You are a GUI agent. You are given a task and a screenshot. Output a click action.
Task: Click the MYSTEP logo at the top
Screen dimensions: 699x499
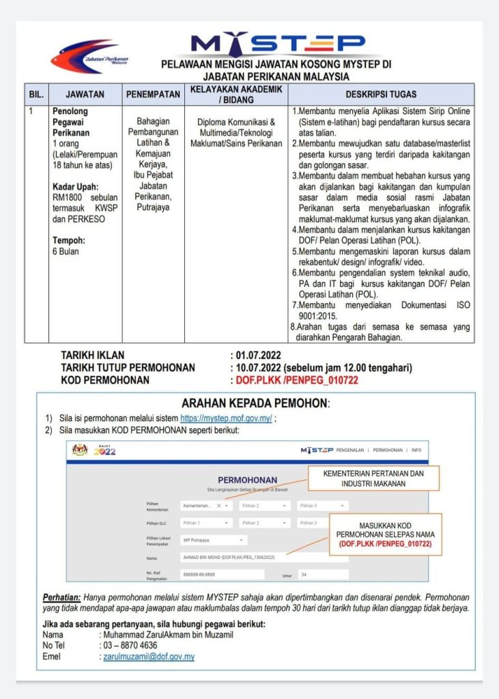[278, 44]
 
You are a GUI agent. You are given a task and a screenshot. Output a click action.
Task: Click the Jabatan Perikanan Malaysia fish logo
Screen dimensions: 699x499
[89, 56]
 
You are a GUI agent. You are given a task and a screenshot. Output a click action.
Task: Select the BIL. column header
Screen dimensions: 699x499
[35, 94]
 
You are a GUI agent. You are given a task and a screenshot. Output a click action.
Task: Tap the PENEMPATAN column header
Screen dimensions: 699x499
[154, 94]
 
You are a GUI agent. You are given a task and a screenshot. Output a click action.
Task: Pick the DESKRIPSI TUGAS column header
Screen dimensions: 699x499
[381, 94]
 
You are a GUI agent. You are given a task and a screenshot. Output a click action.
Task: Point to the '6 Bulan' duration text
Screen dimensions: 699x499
[66, 251]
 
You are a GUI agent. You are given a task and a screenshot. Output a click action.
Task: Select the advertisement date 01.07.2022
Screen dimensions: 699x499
[258, 356]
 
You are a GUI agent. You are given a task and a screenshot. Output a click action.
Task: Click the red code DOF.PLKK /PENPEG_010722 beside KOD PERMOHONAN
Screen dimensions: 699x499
[297, 380]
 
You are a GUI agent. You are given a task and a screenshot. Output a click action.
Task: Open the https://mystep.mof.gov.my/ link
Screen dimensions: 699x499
[226, 418]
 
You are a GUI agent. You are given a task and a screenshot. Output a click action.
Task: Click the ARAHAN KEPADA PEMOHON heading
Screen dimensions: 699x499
[255, 403]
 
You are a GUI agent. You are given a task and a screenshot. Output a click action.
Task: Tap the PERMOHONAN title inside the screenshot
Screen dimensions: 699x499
[247, 480]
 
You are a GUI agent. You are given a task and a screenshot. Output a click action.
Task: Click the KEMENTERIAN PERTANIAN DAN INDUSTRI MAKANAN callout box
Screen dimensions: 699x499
[373, 478]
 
